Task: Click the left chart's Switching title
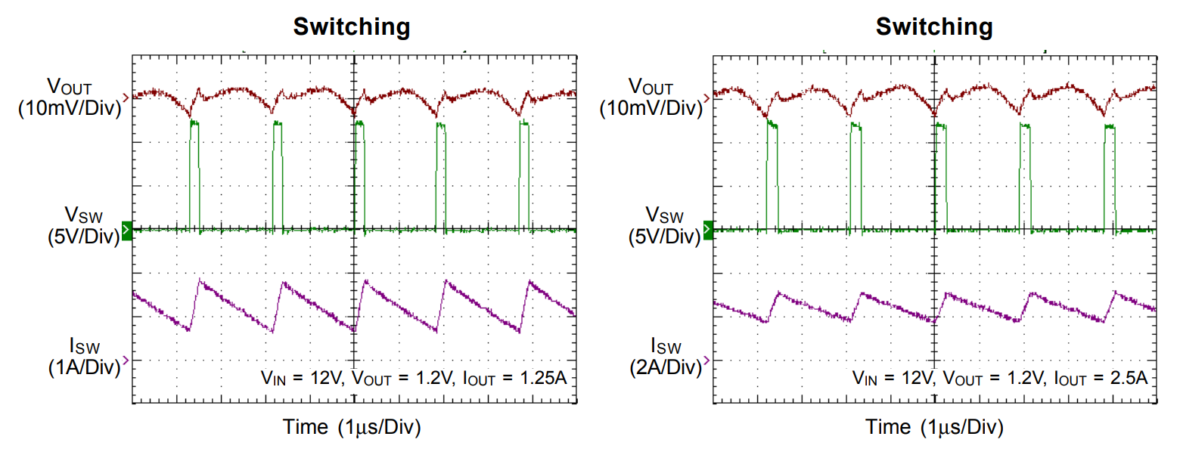click(x=352, y=27)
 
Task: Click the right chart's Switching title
click(x=934, y=27)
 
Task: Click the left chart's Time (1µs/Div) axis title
click(x=352, y=427)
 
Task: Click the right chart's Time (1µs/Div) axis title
click(x=934, y=427)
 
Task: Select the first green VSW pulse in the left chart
click(x=195, y=174)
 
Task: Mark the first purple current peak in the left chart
click(x=200, y=280)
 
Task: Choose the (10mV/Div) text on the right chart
click(x=651, y=108)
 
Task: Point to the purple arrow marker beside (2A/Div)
click(x=707, y=361)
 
